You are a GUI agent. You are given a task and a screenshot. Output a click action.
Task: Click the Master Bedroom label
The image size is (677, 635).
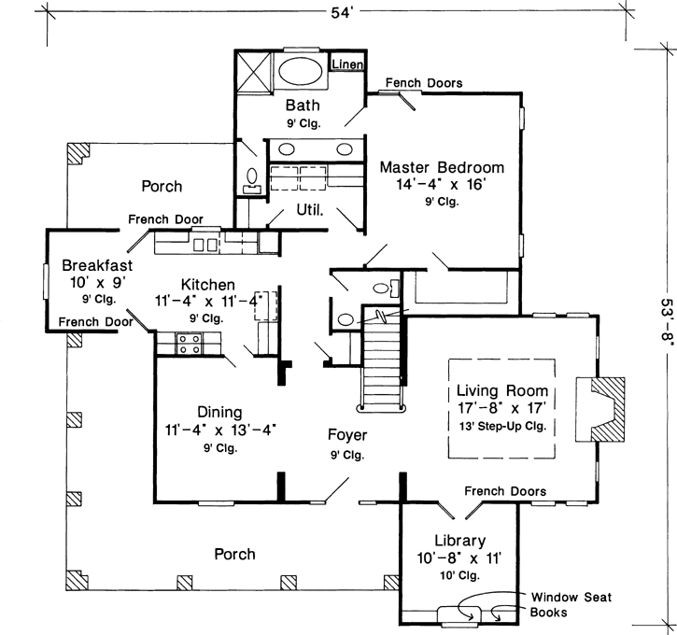[x=442, y=167]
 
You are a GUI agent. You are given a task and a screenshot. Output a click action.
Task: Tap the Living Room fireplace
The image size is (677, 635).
[x=608, y=408]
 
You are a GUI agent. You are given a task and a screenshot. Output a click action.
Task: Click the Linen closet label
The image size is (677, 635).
[x=347, y=64]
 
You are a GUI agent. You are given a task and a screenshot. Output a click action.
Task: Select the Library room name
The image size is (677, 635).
[x=458, y=541]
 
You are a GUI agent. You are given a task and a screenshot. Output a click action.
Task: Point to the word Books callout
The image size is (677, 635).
[x=550, y=614]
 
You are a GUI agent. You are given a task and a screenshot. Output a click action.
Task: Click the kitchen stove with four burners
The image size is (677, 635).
[x=190, y=344]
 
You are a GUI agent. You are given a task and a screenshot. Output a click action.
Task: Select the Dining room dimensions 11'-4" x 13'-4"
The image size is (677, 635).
[x=221, y=430]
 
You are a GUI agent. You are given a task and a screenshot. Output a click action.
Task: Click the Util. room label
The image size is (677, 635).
[x=310, y=209]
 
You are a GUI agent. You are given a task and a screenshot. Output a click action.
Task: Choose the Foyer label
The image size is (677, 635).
[x=346, y=435]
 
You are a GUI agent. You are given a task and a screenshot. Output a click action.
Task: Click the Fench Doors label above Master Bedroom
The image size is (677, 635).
[x=423, y=83]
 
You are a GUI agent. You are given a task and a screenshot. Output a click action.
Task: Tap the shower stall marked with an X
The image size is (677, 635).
[x=252, y=72]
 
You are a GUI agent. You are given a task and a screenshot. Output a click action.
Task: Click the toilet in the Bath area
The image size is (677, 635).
[x=251, y=176]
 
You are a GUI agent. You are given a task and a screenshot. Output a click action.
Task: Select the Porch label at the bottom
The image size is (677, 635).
[x=234, y=554]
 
